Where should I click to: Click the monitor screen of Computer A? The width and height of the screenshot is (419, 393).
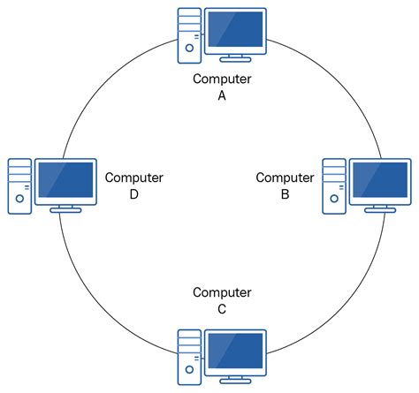pos(235,31)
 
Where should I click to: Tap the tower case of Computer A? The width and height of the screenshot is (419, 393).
pos(188,35)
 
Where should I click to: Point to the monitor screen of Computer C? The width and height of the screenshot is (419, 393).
pos(235,352)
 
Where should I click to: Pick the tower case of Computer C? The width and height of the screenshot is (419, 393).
pos(188,357)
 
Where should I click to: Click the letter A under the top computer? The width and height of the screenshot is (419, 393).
pos(222,96)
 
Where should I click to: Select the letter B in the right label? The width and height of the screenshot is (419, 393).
pos(285,194)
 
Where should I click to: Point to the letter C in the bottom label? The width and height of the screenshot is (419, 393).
pos(222,309)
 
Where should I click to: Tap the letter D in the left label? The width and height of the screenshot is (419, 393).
pos(134,194)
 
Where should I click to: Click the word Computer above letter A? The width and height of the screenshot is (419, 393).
pos(222,79)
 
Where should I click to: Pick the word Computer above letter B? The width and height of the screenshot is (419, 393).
pos(285,178)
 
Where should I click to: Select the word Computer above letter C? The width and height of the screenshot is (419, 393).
pos(222,292)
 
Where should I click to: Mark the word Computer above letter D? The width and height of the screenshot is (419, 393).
pos(134,178)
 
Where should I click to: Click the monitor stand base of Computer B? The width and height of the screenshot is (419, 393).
pos(381,210)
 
